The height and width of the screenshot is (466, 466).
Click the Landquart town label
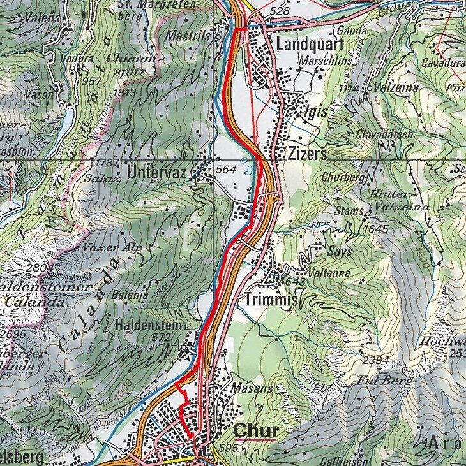click(310, 44)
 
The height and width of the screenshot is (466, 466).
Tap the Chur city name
click(256, 430)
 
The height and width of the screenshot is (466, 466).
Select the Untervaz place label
click(158, 172)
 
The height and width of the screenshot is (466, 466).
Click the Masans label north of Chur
click(252, 388)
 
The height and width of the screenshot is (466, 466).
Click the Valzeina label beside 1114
click(382, 88)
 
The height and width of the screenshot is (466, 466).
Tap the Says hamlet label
click(338, 251)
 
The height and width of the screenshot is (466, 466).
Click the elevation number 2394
click(375, 361)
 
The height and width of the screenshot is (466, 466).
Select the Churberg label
click(343, 177)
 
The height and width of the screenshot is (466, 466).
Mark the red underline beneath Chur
click(255, 439)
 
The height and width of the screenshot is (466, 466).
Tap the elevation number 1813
click(124, 93)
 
